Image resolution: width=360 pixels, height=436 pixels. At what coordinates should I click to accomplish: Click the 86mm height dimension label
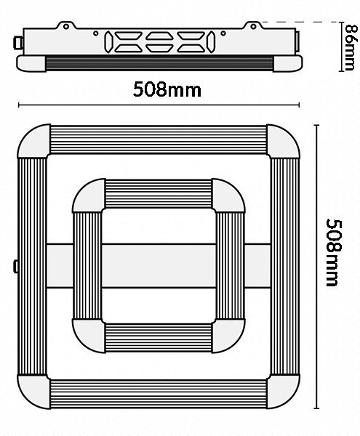click(x=350, y=47)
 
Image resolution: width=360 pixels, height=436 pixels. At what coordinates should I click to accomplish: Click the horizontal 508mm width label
click(x=167, y=89)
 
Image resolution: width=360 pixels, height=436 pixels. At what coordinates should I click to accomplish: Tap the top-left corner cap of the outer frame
click(x=33, y=141)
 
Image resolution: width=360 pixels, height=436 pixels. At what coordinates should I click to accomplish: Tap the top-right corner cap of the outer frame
click(x=283, y=141)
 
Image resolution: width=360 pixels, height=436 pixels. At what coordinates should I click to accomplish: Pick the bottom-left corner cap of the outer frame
click(x=33, y=392)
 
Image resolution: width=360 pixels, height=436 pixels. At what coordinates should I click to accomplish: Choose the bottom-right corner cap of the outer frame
click(x=283, y=392)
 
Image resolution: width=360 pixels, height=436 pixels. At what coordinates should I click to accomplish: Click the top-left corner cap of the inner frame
click(x=89, y=195)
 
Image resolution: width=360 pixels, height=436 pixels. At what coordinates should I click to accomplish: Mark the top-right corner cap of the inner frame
click(x=228, y=195)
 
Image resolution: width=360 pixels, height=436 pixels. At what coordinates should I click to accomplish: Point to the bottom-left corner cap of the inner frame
click(x=89, y=336)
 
